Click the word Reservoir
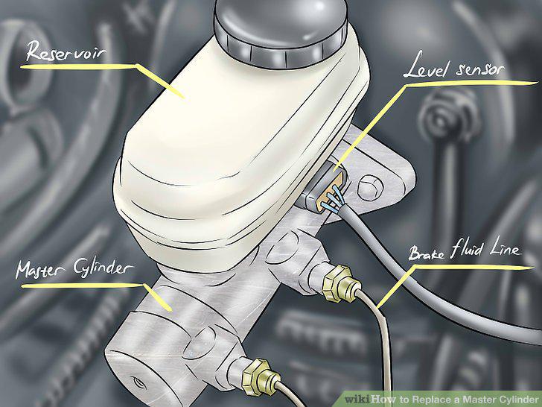pyautogui.click(x=66, y=51)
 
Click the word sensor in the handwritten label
pyautogui.click(x=479, y=69)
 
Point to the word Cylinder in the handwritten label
pyautogui.click(x=103, y=268)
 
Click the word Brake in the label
pyautogui.click(x=427, y=253)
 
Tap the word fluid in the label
pyautogui.click(x=468, y=249)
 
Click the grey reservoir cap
pyautogui.click(x=281, y=31)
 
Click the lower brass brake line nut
pyautogui.click(x=258, y=376)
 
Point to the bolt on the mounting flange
pyautogui.click(x=370, y=188)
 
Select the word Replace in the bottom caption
pyautogui.click(x=433, y=400)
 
